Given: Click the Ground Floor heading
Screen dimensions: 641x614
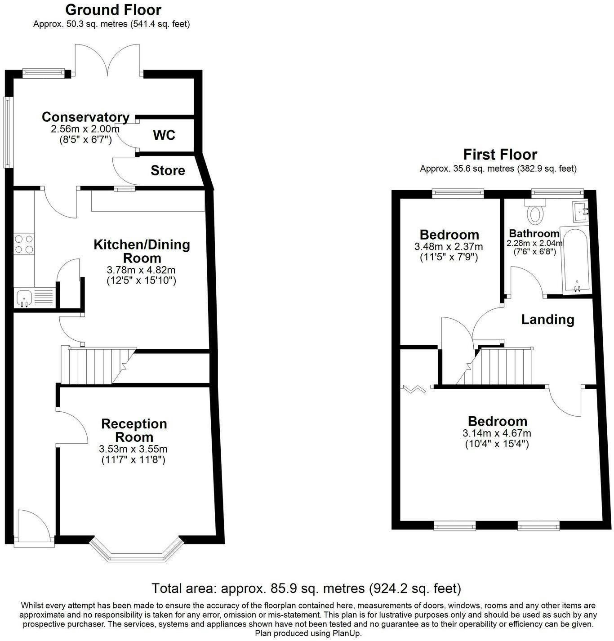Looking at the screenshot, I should [113, 9].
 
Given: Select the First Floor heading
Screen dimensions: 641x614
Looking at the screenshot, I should [500, 155].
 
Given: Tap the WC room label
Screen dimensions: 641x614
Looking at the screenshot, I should [164, 135].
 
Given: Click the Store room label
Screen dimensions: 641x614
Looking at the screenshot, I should [168, 170].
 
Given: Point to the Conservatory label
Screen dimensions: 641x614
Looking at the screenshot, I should [85, 117].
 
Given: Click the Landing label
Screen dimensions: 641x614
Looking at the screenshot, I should [547, 320].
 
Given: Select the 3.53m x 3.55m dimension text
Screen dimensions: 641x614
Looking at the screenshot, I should [133, 449].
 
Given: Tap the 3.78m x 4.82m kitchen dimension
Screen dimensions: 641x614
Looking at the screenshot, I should [141, 270].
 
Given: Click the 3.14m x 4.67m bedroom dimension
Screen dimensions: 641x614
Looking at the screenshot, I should [497, 433].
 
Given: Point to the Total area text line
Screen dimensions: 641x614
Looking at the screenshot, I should [306, 588].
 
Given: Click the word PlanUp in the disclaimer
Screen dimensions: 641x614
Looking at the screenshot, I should [346, 633].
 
